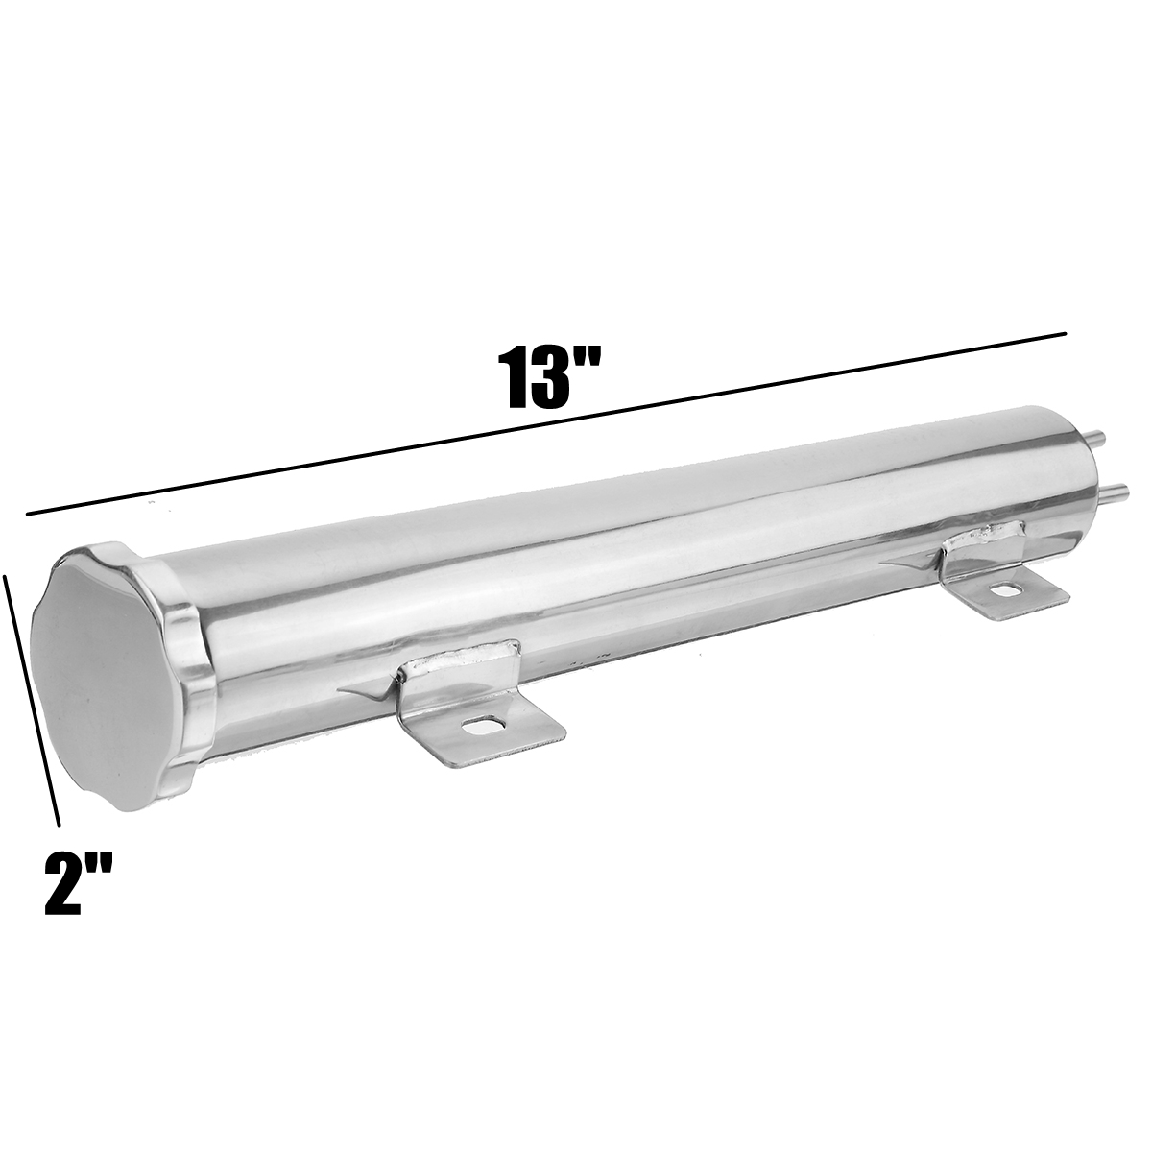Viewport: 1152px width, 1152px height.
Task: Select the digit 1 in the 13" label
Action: (x=515, y=380)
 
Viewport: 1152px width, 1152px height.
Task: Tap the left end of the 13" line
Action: (x=29, y=515)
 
